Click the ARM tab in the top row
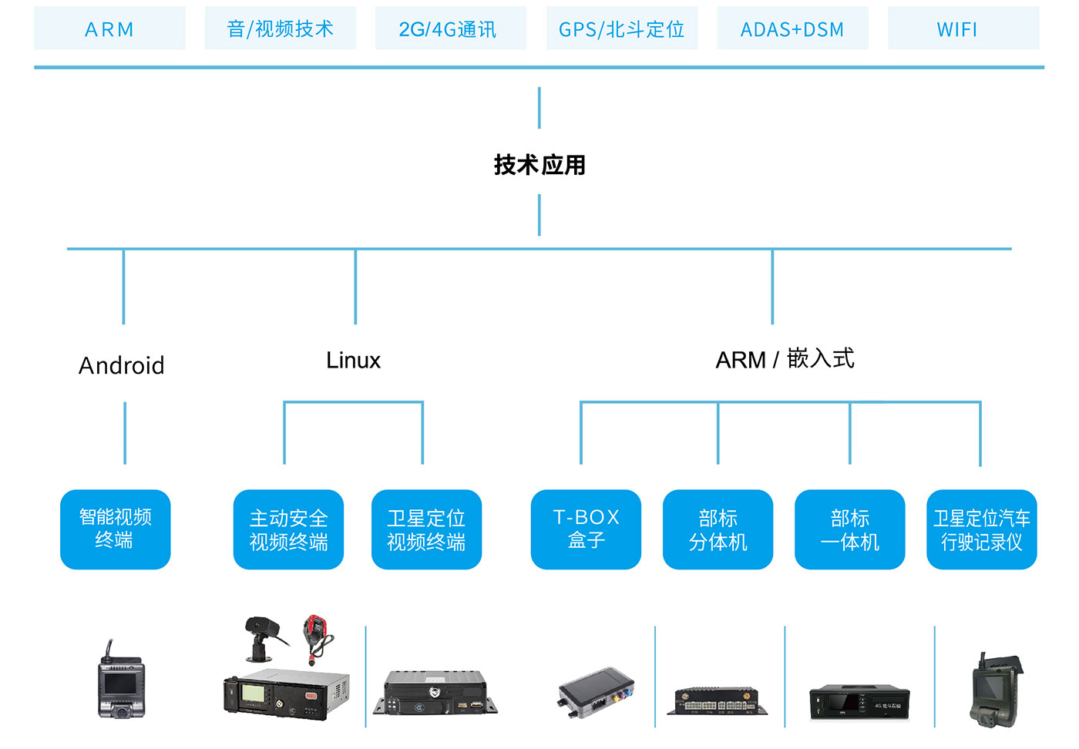(x=109, y=29)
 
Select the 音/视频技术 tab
(x=281, y=29)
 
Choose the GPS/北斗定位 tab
(x=621, y=29)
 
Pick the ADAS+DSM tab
(x=792, y=29)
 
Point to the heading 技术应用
(x=539, y=165)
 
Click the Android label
(x=122, y=365)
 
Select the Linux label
(x=354, y=361)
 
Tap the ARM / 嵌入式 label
(x=785, y=360)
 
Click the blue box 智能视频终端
(x=116, y=529)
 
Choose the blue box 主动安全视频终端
(x=288, y=529)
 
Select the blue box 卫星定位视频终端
(x=426, y=529)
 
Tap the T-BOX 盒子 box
(x=586, y=529)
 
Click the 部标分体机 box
(x=718, y=529)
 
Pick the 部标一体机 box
(x=849, y=529)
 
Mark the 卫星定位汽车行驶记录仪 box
(x=981, y=529)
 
